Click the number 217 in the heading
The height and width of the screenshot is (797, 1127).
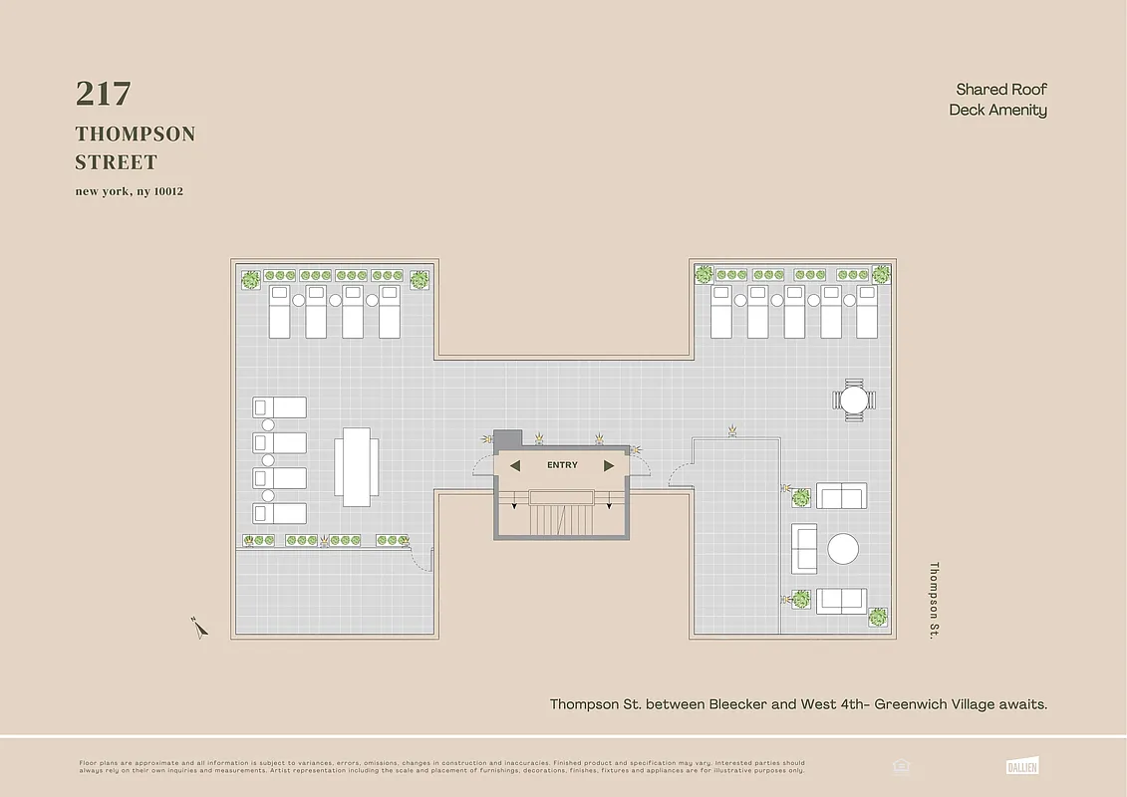pos(103,94)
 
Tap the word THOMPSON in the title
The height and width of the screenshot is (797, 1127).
pos(136,134)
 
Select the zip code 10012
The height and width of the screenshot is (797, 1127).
pos(166,191)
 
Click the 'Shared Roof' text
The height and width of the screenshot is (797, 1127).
pos(1001,90)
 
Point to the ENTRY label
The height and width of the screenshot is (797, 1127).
pos(562,465)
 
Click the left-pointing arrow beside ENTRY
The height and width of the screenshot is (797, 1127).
pos(515,465)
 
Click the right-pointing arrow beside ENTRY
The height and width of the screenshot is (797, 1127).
pos(609,465)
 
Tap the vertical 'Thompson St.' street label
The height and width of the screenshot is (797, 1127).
pos(935,600)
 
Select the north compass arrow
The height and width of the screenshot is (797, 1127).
pos(199,627)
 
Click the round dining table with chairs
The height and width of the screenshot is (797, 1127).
pos(854,399)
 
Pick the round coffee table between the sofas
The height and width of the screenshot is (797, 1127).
pos(843,549)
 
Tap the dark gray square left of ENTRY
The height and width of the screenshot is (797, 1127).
pos(508,438)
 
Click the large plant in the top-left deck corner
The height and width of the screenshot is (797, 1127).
pos(250,280)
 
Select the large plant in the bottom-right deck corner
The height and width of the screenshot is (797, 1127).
pos(878,617)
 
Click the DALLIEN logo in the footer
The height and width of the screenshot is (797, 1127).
pos(1023,766)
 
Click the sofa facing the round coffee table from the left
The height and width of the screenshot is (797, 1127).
pos(804,548)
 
